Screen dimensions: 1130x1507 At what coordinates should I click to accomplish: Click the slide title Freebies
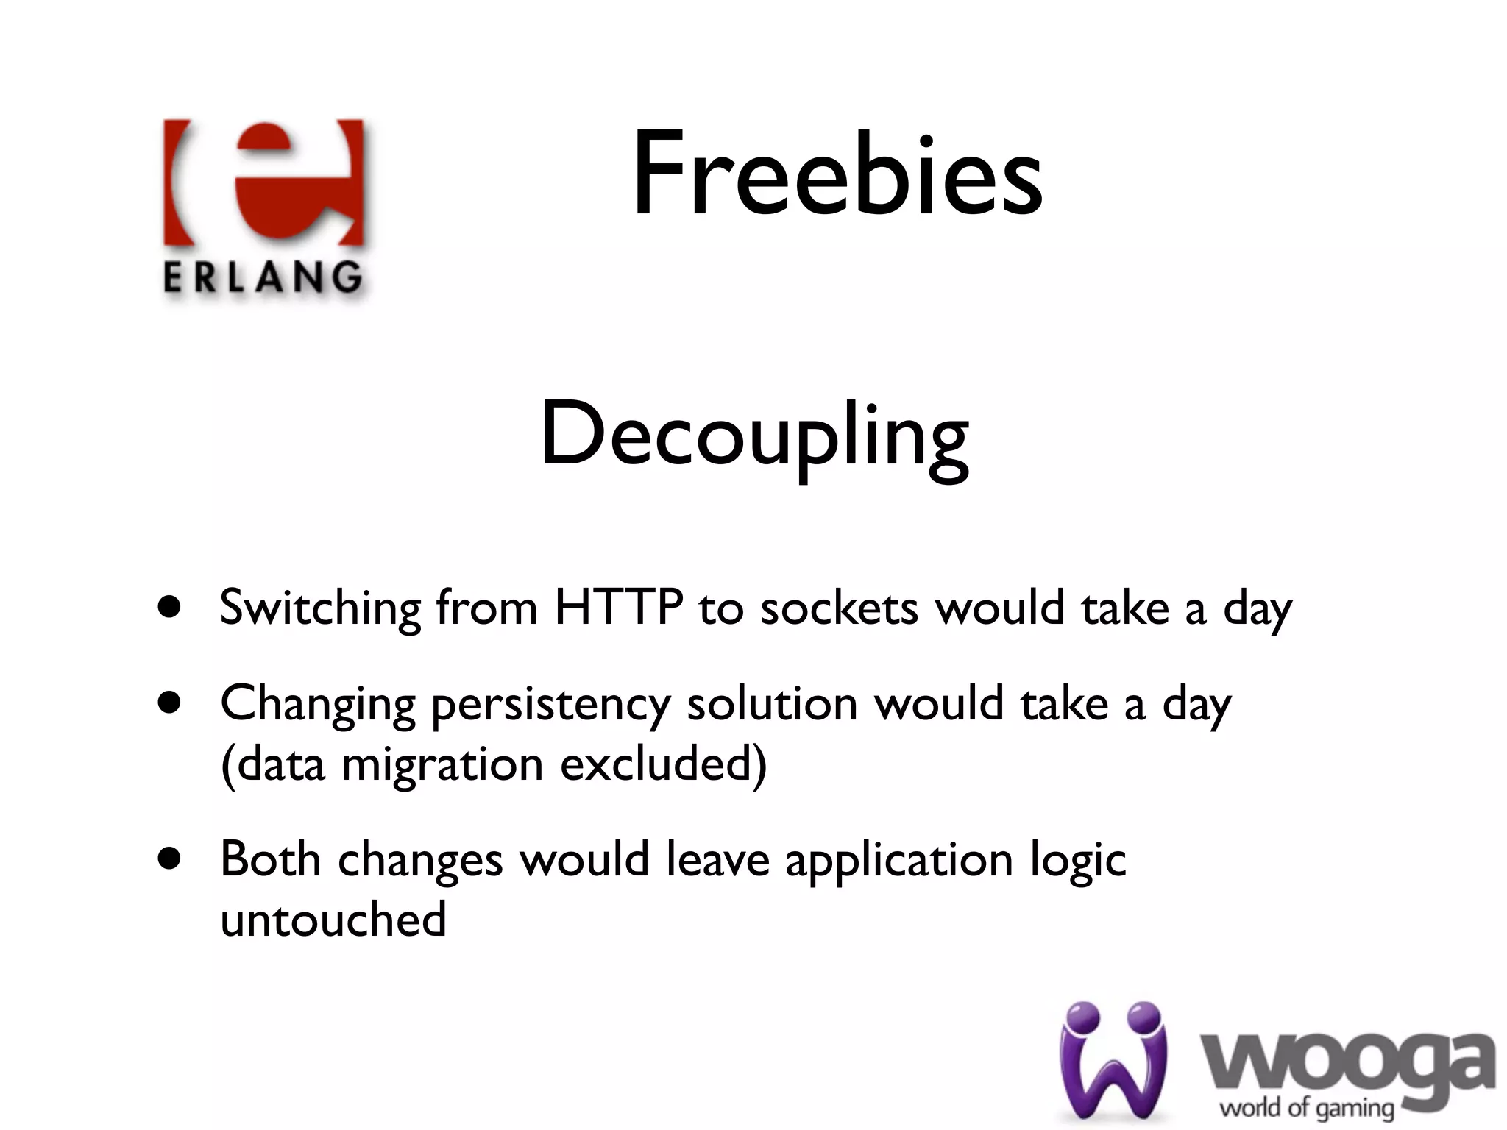[x=837, y=175]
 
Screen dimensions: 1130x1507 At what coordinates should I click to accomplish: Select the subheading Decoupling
[x=754, y=436]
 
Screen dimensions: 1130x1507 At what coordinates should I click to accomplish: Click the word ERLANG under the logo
[x=263, y=279]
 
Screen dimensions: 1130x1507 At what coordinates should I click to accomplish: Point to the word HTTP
[x=618, y=608]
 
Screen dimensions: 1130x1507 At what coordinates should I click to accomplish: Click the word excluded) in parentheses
[x=663, y=764]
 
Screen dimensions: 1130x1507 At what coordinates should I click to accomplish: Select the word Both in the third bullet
[x=270, y=859]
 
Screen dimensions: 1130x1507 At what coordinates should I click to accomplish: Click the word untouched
[x=333, y=919]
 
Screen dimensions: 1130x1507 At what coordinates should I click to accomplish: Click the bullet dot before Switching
[x=169, y=608]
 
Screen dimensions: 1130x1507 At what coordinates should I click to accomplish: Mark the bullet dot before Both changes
[x=169, y=858]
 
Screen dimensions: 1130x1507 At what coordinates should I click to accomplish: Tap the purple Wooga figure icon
[x=1113, y=1059]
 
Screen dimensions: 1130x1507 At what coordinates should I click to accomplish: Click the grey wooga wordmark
[x=1347, y=1063]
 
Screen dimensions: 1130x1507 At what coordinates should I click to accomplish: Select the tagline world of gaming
[x=1307, y=1108]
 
